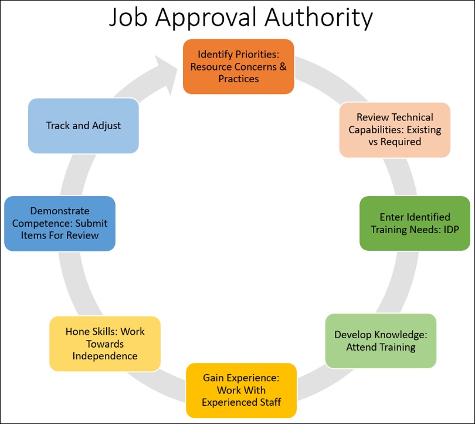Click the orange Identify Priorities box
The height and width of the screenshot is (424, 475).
tap(238, 66)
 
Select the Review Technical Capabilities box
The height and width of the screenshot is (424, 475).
tap(395, 130)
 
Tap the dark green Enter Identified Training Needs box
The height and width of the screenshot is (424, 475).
tap(415, 223)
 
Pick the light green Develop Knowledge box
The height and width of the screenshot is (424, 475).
tap(381, 341)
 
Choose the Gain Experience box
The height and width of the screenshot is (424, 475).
tap(241, 390)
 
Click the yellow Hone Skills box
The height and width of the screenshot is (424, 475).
tap(105, 344)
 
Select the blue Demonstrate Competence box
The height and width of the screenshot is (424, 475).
tap(60, 223)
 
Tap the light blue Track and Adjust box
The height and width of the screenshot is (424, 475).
tap(83, 126)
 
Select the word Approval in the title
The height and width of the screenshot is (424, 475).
tap(205, 19)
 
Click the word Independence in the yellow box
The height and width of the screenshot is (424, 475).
tap(105, 356)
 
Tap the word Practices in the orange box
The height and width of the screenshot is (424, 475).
tap(238, 78)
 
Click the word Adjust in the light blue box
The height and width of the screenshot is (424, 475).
tap(107, 126)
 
